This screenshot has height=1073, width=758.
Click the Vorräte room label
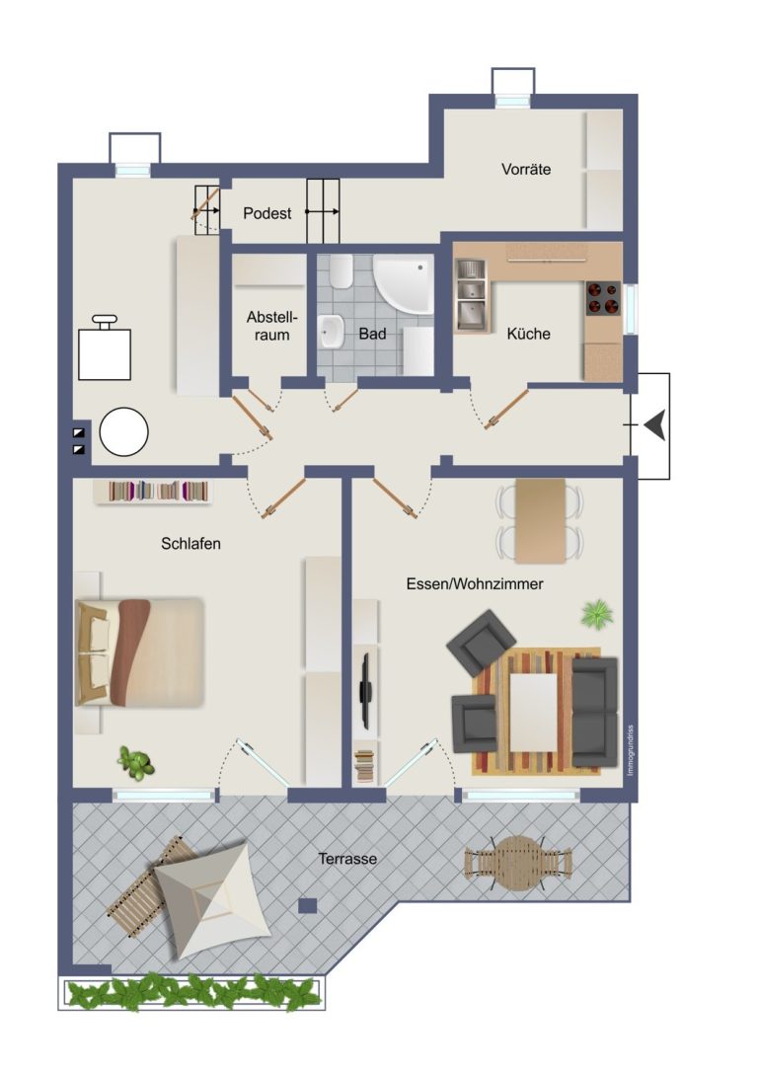coord(525,169)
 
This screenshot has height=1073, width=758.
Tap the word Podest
coord(266,213)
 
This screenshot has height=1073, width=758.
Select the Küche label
coord(528,334)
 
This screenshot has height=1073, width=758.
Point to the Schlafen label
coord(190,544)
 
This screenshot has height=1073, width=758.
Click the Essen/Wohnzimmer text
coord(474,584)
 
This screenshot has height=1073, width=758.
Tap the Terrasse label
coord(347,859)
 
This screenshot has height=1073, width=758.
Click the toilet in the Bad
coord(340,271)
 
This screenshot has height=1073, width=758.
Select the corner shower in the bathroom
coord(404,284)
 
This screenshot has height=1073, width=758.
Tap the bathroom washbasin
coord(332,332)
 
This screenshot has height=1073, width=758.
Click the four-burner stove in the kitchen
coord(602,299)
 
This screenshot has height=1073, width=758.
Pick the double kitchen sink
coord(471,295)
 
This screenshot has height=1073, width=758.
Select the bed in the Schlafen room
coord(140,652)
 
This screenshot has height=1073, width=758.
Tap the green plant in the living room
coord(596,613)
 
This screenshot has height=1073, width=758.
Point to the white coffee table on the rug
coord(534,713)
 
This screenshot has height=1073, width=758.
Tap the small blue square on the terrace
coord(308,906)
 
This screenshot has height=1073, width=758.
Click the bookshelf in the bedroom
coord(153,492)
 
